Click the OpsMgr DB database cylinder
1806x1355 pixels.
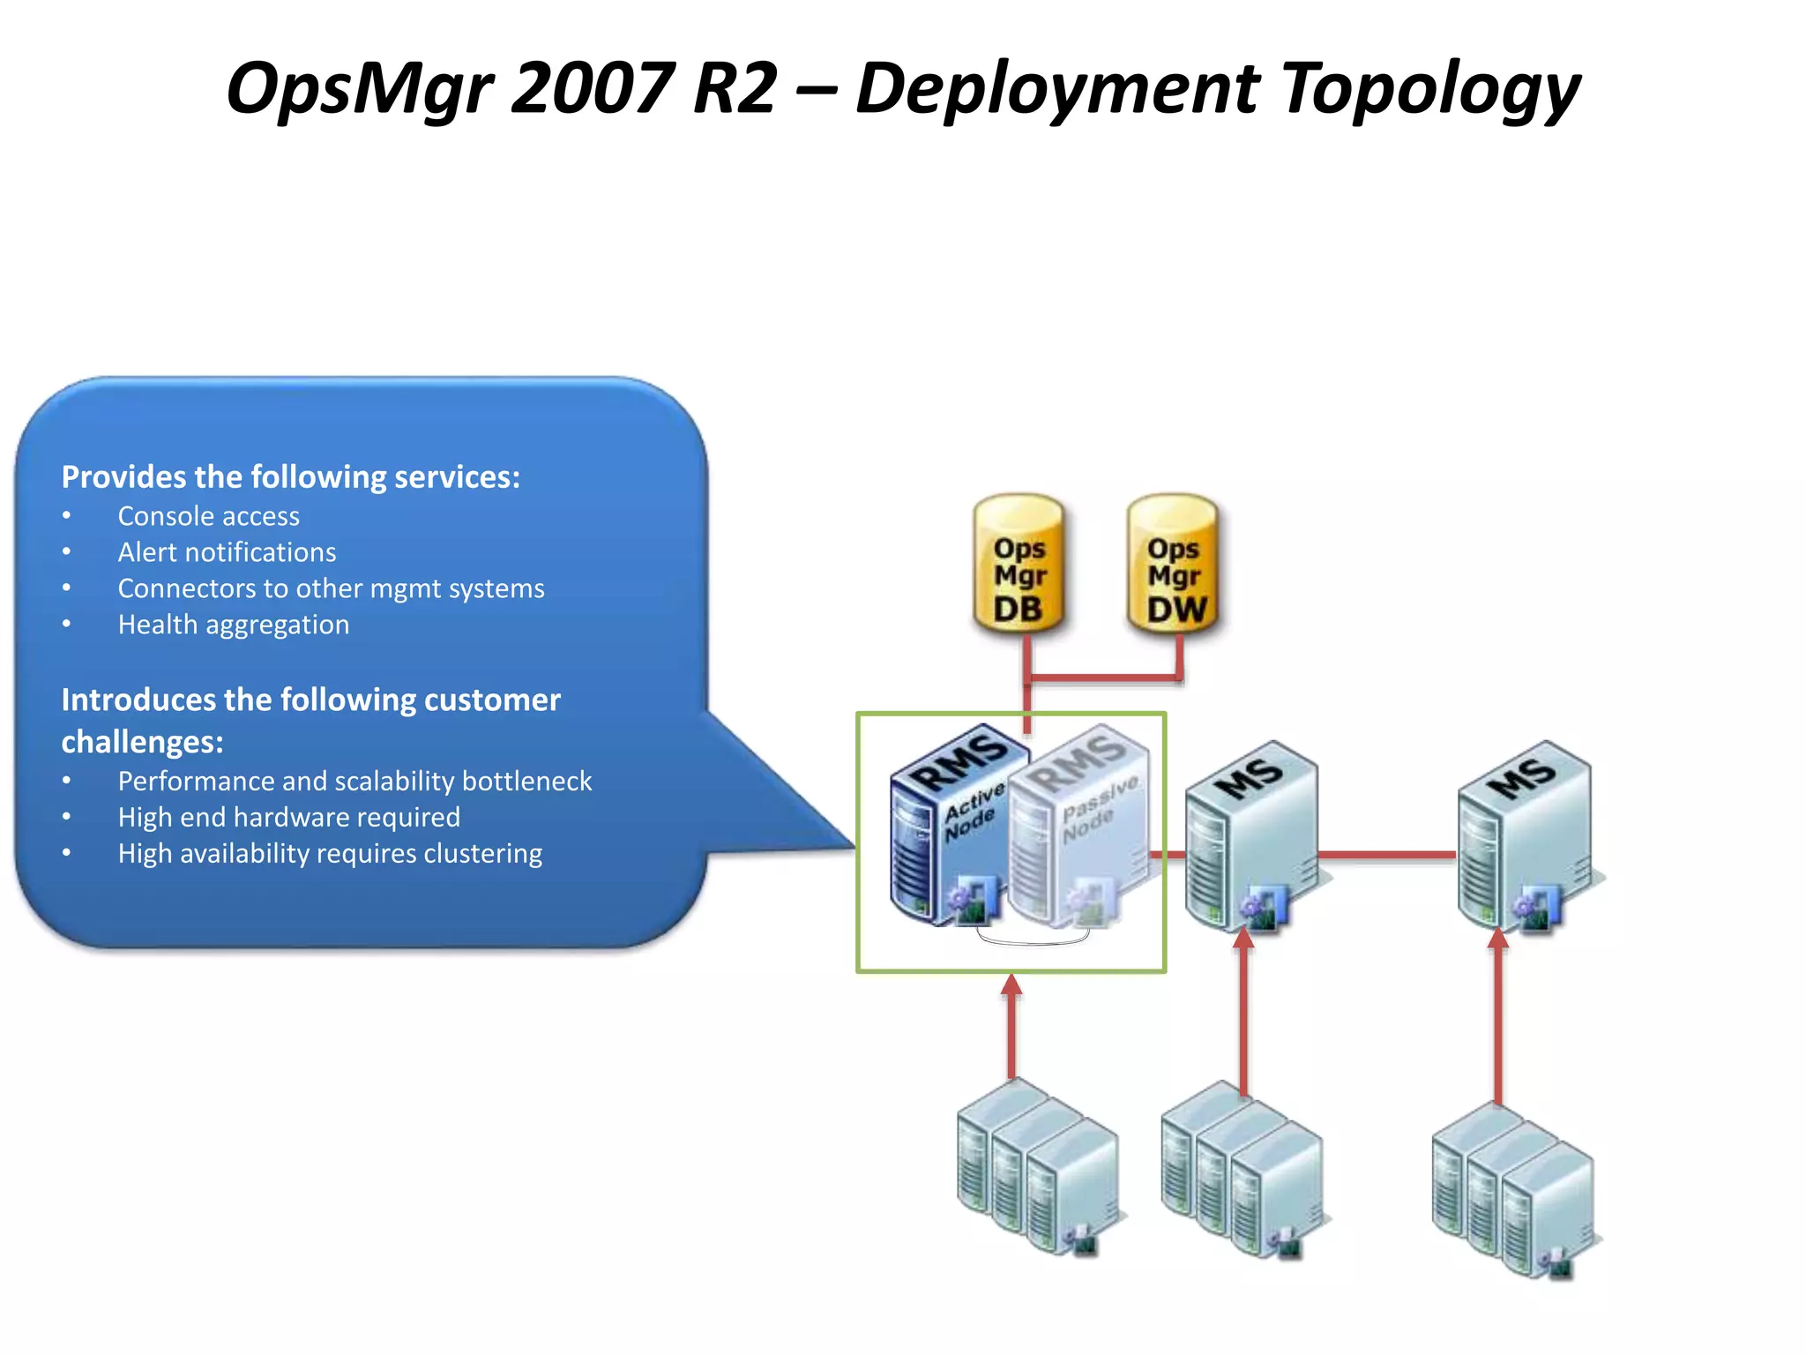[x=1019, y=565]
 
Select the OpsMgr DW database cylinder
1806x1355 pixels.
[x=1174, y=565]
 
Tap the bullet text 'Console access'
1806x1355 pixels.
[x=208, y=516]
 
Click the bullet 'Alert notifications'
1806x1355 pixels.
[x=227, y=552]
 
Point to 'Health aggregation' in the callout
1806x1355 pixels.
[x=234, y=625]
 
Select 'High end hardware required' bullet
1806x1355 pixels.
[x=288, y=817]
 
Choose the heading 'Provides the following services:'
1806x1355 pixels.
[x=290, y=477]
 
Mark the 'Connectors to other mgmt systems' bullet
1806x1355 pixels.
[x=331, y=588]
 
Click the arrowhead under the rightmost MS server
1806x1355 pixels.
[x=1498, y=940]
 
